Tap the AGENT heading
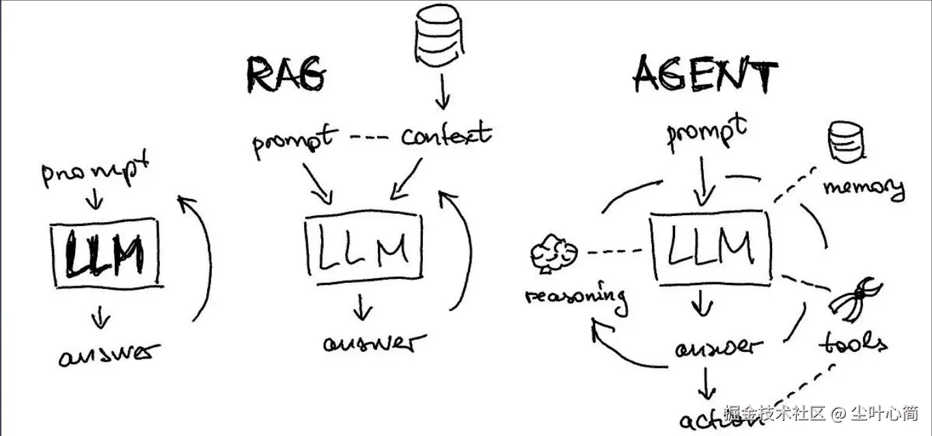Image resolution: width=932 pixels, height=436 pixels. tap(705, 74)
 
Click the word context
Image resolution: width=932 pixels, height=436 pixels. tap(446, 135)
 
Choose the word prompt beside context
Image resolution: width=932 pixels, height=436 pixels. tap(294, 141)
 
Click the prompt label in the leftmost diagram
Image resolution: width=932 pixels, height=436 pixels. tap(95, 172)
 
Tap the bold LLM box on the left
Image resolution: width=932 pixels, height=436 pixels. tap(105, 254)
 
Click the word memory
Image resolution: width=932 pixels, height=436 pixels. tap(863, 187)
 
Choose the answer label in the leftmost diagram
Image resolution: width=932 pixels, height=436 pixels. tap(109, 354)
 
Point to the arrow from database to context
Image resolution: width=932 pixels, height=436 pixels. tap(442, 92)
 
